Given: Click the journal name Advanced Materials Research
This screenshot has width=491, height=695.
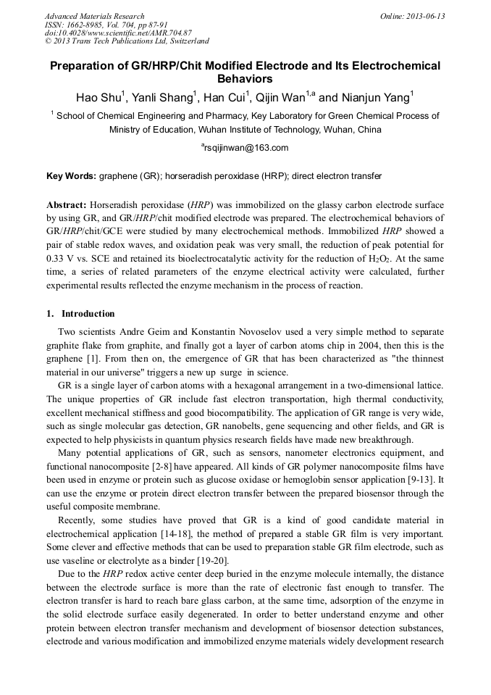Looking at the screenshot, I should tap(94, 16).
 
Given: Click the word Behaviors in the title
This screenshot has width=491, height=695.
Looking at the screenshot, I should tap(245, 79).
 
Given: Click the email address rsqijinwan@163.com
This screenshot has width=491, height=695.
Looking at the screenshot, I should tap(246, 148).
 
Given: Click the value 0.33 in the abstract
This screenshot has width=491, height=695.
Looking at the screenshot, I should tap(55, 257).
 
